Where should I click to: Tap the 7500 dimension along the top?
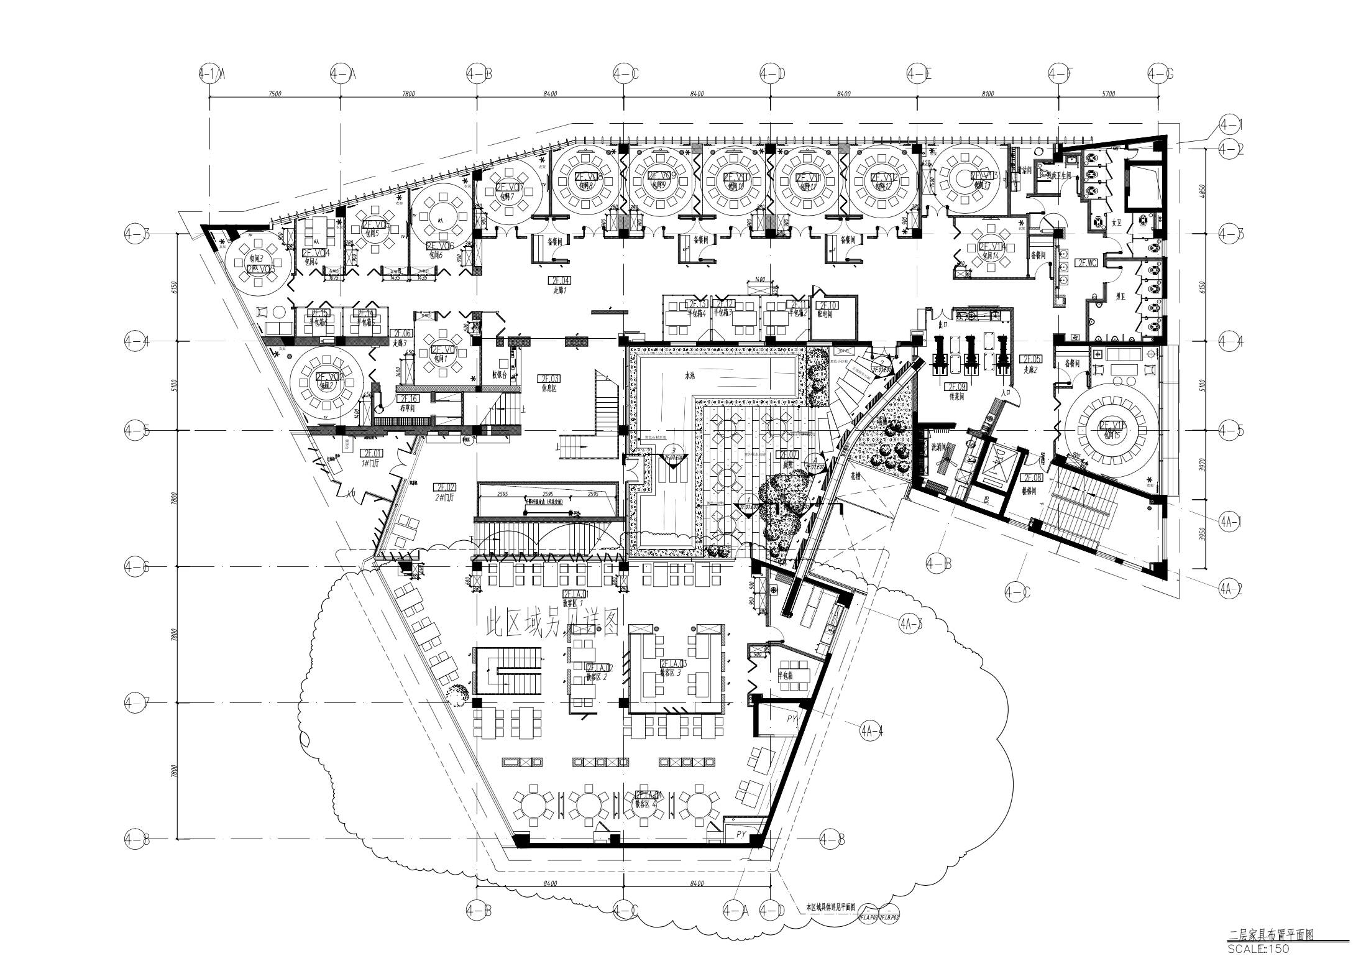coord(275,94)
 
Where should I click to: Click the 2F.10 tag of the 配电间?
coord(827,305)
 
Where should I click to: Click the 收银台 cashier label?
coord(501,375)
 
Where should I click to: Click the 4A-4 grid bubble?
coord(871,732)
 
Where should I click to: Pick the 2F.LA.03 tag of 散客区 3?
coord(674,664)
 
